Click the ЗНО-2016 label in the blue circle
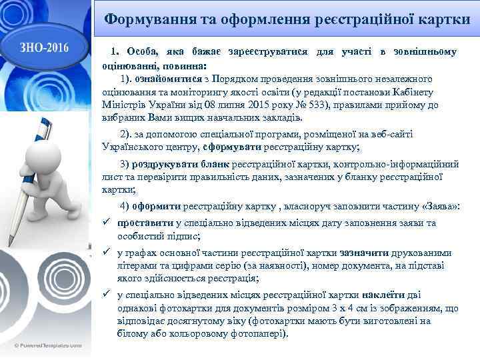44,47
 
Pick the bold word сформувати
233,147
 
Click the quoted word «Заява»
439,207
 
